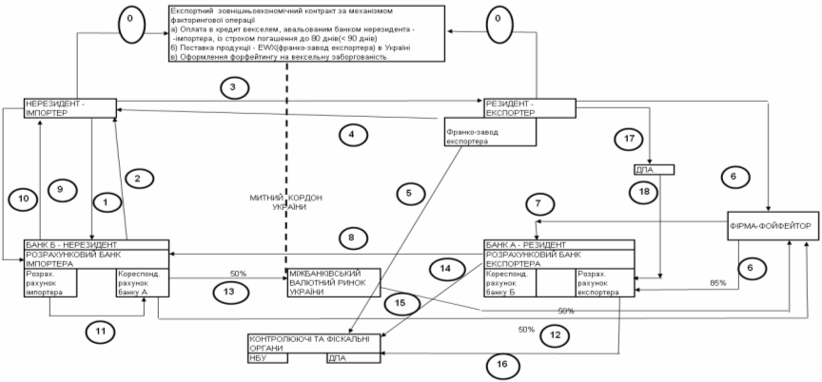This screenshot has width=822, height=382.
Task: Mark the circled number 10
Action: (23, 199)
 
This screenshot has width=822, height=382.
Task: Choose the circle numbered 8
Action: (351, 237)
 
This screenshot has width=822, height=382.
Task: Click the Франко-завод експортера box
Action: (477, 134)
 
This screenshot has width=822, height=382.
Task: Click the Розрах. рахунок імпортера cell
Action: (49, 284)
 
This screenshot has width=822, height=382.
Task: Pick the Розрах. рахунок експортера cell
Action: (597, 284)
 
